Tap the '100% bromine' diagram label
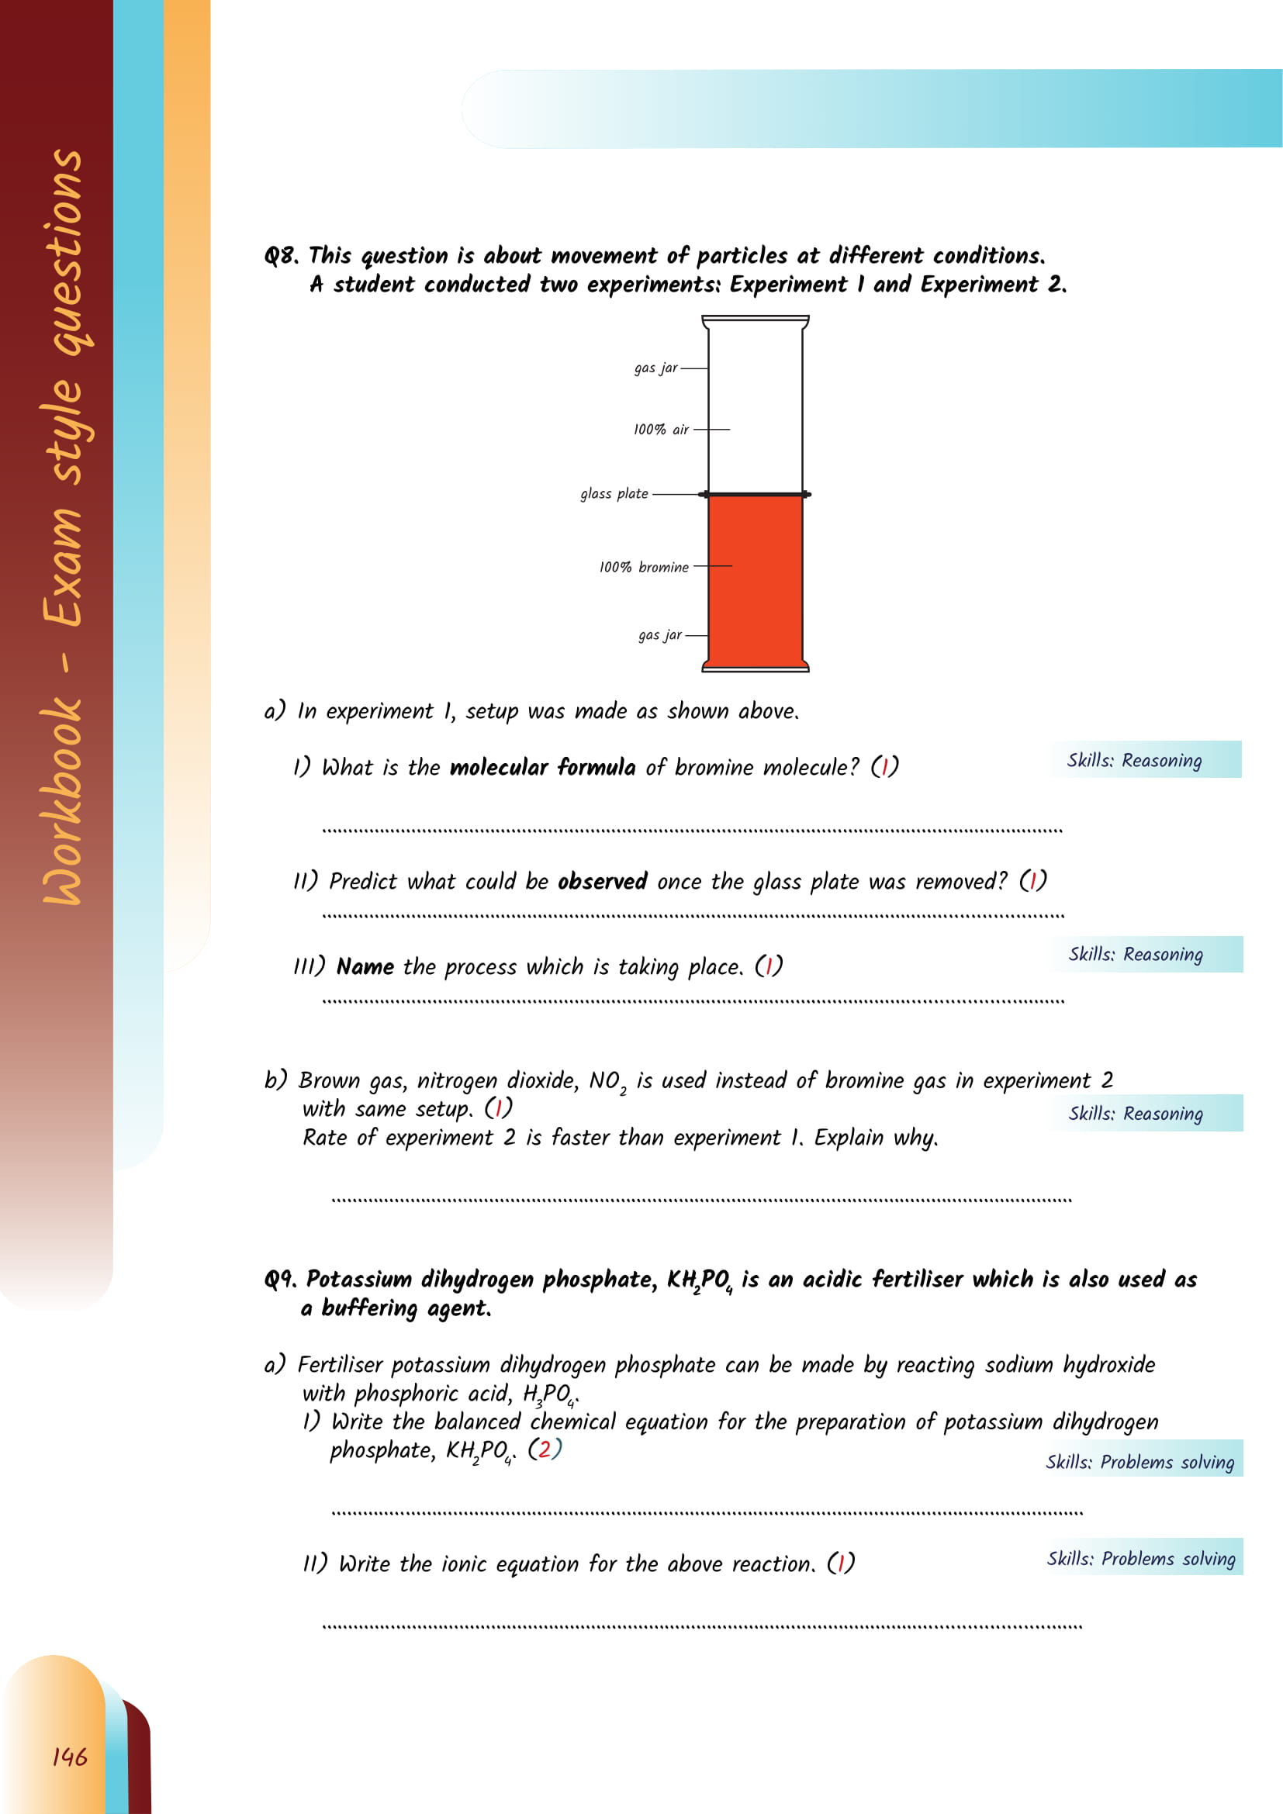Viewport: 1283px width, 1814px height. tap(643, 566)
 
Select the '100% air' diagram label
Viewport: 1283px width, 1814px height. tap(660, 429)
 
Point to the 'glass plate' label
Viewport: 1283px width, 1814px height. tap(614, 494)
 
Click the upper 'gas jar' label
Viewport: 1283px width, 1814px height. tap(655, 368)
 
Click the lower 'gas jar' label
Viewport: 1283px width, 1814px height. tap(659, 634)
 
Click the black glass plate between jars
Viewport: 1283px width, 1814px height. tap(756, 494)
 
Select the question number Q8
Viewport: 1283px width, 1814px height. tap(281, 256)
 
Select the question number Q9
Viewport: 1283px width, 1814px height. tap(281, 1279)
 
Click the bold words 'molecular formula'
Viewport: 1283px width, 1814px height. tap(542, 767)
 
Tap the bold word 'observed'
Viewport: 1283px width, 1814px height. tap(602, 881)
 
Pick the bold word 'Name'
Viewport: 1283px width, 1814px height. tap(365, 966)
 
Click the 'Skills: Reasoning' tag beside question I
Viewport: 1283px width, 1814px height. tap(1135, 760)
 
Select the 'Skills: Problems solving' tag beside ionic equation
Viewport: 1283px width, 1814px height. tap(1141, 1558)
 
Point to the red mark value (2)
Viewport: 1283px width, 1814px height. tap(545, 1449)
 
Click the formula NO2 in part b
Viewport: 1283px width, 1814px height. tap(607, 1082)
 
